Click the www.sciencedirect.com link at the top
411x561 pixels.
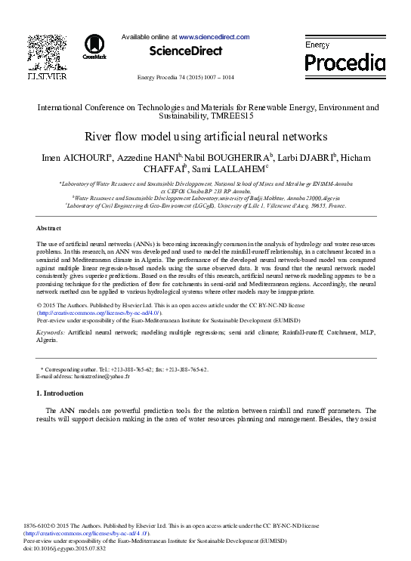tap(214, 36)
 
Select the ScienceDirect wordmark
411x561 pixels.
tap(186, 51)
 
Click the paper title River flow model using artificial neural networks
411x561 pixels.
tap(205, 137)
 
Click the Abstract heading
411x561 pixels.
tap(49, 227)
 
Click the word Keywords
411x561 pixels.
tap(50, 332)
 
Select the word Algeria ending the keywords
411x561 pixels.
tap(47, 341)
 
